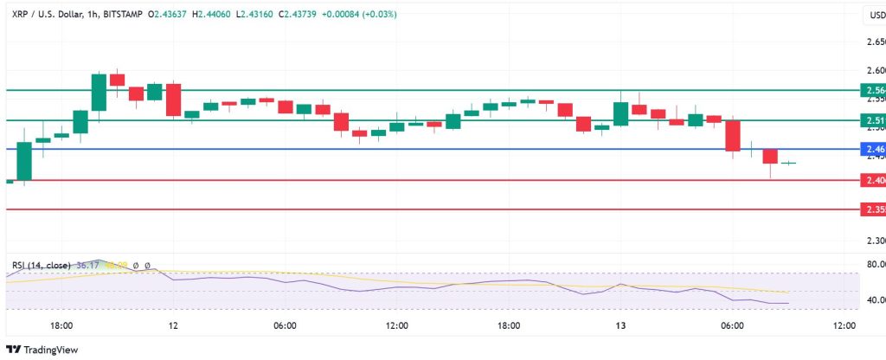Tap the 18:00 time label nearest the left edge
coord(61,325)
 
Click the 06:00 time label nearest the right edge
coord(732,325)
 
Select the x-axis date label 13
coord(620,325)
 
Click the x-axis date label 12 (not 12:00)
coord(174,325)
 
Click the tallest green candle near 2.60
coord(99,92)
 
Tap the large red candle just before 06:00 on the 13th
coord(733,135)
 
